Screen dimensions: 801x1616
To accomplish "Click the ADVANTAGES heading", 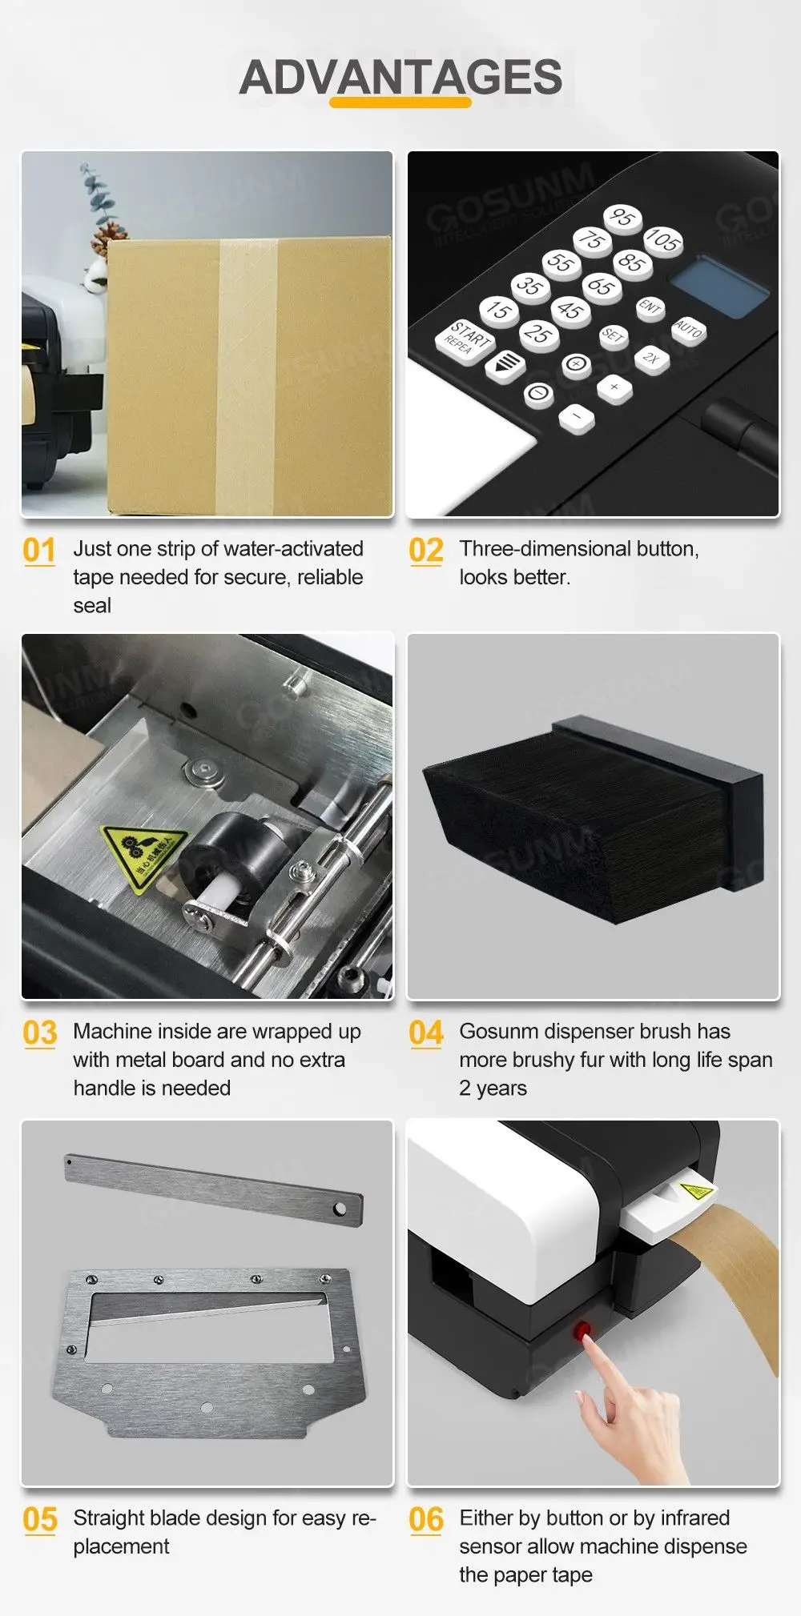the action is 400,77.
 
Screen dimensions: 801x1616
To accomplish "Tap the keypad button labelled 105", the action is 662,239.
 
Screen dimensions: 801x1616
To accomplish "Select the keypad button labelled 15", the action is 499,311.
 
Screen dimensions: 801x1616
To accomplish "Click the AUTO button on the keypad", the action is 688,329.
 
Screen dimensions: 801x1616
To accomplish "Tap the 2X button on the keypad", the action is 650,358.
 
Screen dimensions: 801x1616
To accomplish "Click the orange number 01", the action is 39,551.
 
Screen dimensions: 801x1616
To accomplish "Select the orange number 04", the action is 425,1033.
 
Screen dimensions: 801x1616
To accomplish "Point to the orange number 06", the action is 425,1520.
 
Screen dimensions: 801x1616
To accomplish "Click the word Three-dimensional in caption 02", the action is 533,548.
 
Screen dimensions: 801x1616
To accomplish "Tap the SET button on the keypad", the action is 613,335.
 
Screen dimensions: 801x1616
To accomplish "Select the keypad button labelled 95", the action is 622,217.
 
